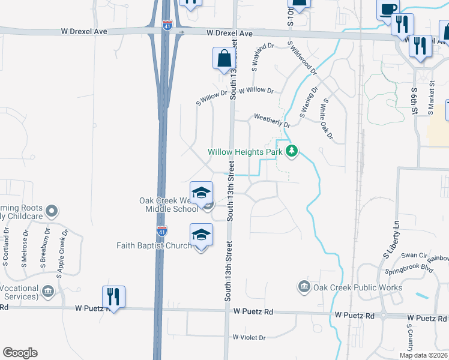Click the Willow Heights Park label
(245, 152)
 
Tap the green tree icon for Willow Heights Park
(292, 151)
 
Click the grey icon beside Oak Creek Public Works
(304, 287)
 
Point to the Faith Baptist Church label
(154, 245)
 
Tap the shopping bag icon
(223, 59)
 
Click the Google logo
(20, 353)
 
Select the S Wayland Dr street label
(262, 58)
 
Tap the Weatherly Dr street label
(272, 120)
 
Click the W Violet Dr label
(249, 338)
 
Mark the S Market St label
(431, 98)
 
